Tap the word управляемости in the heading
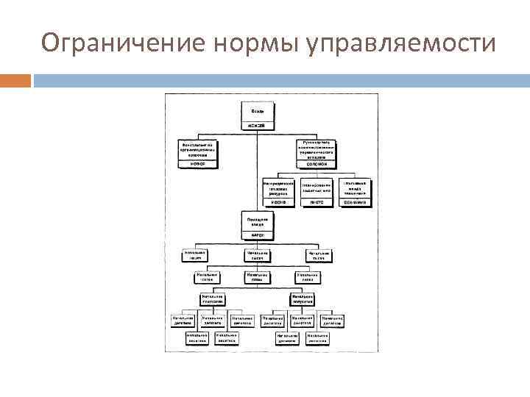[400, 44]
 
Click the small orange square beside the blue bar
[15, 79]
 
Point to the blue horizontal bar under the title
[280, 79]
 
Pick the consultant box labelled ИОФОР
[198, 164]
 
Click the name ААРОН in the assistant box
[257, 236]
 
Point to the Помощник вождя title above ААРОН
[257, 221]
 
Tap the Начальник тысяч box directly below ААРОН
[257, 256]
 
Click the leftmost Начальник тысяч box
[197, 256]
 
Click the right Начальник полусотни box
[303, 299]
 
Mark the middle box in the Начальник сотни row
[257, 277]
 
